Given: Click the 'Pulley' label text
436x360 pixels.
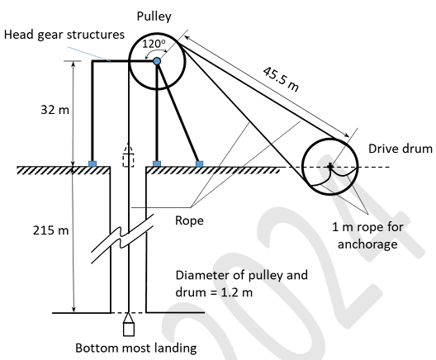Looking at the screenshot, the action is click(x=154, y=17).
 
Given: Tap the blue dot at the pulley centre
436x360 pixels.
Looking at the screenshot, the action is click(x=157, y=61).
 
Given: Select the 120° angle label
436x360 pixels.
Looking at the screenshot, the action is click(x=154, y=44).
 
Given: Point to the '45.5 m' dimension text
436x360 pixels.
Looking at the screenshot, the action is click(x=281, y=79).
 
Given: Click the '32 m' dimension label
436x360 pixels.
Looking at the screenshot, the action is click(x=54, y=110).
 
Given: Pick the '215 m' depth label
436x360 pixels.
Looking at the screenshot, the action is click(x=50, y=230).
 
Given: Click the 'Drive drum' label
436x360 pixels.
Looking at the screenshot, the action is click(x=400, y=149).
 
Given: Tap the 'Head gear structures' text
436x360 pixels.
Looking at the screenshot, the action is click(x=64, y=35).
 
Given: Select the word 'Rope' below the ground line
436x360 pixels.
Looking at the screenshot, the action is click(x=189, y=220).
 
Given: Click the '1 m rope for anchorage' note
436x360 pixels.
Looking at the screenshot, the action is click(x=367, y=235).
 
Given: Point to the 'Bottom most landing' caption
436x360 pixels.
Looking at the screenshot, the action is click(x=136, y=348).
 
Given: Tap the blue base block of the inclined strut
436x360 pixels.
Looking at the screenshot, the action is click(x=199, y=163).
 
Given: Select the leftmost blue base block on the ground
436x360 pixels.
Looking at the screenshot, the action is click(x=92, y=163).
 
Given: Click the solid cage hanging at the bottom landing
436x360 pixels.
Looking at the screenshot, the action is click(x=129, y=324).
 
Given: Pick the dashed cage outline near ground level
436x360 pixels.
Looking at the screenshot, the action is click(x=128, y=156).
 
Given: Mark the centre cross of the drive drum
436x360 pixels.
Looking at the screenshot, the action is click(x=330, y=166).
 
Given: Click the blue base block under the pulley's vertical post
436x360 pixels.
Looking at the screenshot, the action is click(x=157, y=163).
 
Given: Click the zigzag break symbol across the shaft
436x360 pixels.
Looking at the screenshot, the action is click(x=122, y=239).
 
